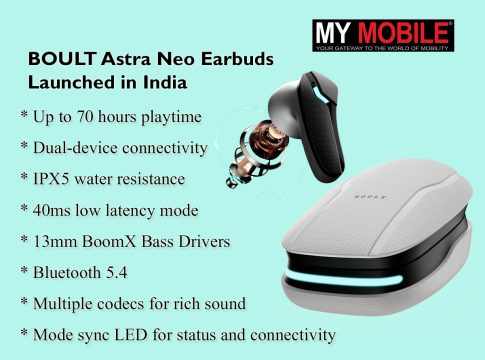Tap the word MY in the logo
tap(333, 33)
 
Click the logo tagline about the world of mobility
tap(382, 48)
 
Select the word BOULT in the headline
tap(62, 59)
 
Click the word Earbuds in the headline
tap(237, 59)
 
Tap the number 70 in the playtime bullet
tap(85, 117)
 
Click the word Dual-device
tap(75, 148)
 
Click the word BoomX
tap(109, 241)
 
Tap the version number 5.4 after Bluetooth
tap(117, 273)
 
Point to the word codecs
tap(117, 304)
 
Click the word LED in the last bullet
tap(131, 335)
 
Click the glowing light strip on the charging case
tap(343, 279)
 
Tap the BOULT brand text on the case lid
tap(370, 196)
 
